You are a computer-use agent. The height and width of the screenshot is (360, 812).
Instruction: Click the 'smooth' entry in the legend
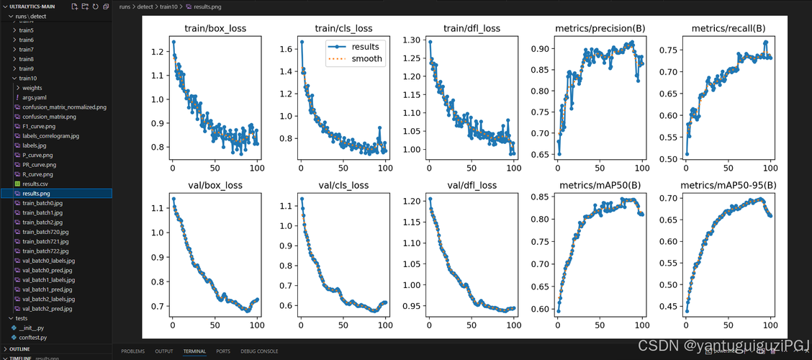coord(367,60)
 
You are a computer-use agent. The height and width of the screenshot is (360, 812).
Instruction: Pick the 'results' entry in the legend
coord(365,47)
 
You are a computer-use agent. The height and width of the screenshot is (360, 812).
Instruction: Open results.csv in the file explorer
coord(35,184)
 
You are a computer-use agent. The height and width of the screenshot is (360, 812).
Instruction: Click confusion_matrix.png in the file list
coord(49,117)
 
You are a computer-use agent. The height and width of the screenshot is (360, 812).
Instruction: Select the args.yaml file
coord(34,97)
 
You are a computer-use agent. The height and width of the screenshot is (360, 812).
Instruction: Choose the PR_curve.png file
coord(37,165)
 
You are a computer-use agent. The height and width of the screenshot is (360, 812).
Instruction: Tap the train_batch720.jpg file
coord(45,232)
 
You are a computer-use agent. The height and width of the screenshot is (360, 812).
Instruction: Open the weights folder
coord(32,88)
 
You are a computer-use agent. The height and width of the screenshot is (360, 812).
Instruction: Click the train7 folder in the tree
coord(27,50)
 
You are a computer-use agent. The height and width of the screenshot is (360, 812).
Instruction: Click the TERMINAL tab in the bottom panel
coord(194,351)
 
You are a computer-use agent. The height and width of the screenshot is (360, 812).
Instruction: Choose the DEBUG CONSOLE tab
coord(259,351)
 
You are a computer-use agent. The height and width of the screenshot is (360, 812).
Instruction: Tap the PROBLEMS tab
coord(132,351)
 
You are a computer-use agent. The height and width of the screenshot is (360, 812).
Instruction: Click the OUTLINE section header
coord(19,348)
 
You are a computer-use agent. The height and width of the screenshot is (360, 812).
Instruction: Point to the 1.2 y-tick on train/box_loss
coord(157,52)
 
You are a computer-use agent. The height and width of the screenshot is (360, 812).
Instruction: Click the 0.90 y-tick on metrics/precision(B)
coord(541,49)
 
